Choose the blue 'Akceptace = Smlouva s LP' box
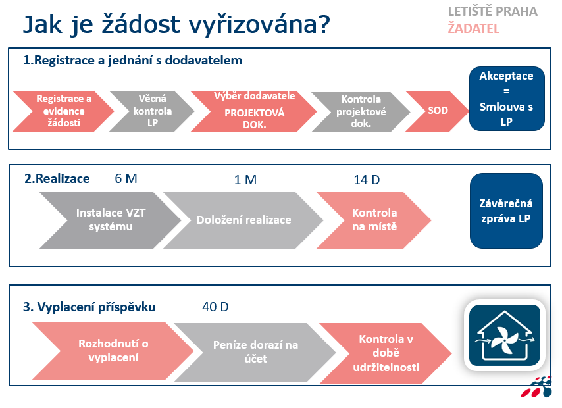coord(507,99)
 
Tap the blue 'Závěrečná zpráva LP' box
coord(506,211)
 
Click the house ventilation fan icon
coord(505,335)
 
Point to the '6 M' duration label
coord(126,178)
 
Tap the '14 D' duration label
coord(367,180)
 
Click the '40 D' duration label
coord(215,307)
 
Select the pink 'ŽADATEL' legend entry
coord(473,28)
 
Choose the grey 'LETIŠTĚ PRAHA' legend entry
coord(492,11)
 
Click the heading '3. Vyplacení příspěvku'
coord(89,307)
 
